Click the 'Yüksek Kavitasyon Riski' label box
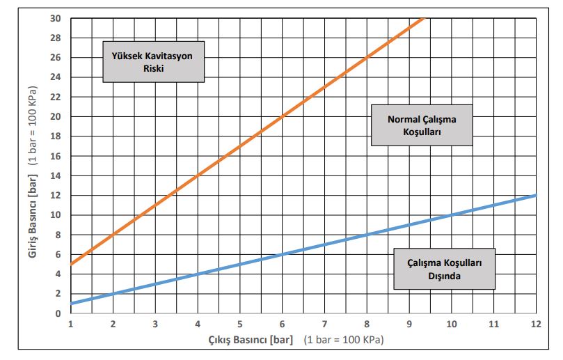[154, 62]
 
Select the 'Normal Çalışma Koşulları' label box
[422, 125]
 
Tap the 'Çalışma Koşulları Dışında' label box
[445, 268]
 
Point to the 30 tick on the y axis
[56, 18]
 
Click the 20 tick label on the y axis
[56, 116]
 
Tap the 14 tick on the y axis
[56, 175]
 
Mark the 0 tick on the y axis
[58, 313]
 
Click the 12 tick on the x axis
[536, 324]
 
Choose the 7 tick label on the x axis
[324, 324]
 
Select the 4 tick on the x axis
[198, 324]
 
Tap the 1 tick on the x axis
[71, 324]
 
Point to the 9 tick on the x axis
[409, 324]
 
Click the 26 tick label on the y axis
[56, 57]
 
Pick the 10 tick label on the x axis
[452, 324]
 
